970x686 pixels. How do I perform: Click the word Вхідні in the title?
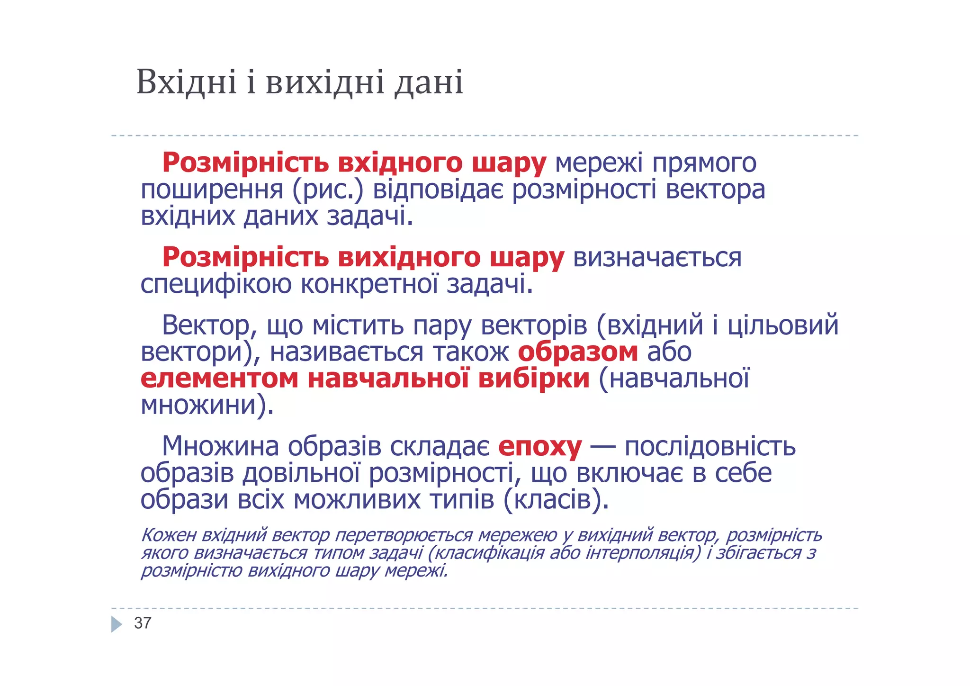point(186,82)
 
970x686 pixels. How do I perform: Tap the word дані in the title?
point(429,82)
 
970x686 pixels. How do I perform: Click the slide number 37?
point(143,623)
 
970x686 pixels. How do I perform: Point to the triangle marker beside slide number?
point(116,624)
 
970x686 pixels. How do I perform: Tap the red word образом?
point(578,352)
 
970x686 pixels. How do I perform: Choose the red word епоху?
point(540,446)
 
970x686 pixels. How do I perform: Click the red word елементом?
point(219,379)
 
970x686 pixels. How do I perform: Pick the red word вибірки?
point(534,379)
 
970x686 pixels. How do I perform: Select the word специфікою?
point(216,285)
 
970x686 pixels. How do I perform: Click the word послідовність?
point(710,446)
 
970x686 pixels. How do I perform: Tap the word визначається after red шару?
point(657,258)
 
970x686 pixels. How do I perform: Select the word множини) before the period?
point(204,406)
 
